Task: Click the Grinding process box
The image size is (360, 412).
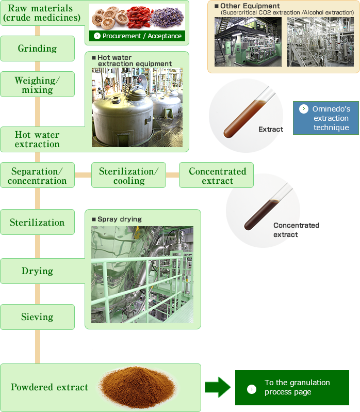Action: [x=37, y=49]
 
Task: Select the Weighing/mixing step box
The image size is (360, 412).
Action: [x=37, y=85]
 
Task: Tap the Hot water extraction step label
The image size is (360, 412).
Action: [x=37, y=139]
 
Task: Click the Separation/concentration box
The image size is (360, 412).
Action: [x=37, y=176]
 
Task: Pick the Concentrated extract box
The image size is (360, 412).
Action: [x=217, y=176]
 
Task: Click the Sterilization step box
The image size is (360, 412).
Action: [x=37, y=223]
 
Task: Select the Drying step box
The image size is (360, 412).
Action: [x=37, y=271]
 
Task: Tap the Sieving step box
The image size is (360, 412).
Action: [x=37, y=317]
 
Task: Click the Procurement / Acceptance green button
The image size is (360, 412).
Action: [x=137, y=36]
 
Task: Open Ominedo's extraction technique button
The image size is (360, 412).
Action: [x=326, y=118]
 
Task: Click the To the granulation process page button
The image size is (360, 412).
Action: [x=291, y=387]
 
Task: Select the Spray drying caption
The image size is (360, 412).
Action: [x=119, y=219]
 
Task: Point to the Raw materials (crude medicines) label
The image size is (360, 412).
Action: [x=41, y=13]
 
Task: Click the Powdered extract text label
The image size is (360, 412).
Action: [x=50, y=387]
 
